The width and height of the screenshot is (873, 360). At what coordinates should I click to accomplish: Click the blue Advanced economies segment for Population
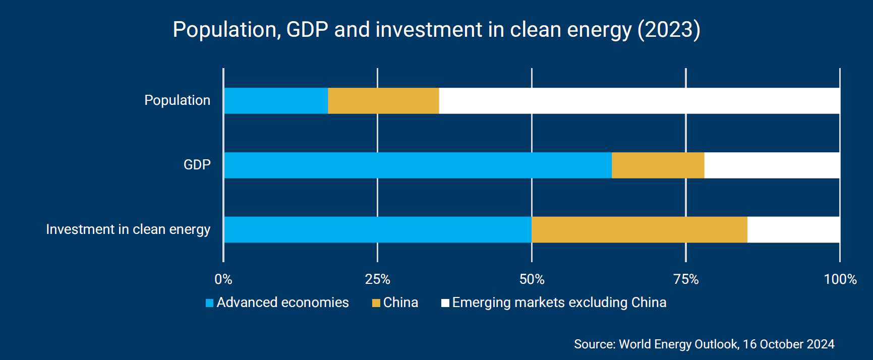click(276, 101)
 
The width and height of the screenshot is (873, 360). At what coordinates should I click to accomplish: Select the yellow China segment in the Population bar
click(383, 101)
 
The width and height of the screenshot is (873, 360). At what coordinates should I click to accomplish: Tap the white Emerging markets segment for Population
click(639, 101)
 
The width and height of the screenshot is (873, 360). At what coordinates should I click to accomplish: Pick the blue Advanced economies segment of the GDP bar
click(418, 165)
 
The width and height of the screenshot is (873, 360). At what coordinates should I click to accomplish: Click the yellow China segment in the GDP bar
click(658, 165)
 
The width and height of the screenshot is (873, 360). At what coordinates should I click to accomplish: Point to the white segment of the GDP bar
click(772, 165)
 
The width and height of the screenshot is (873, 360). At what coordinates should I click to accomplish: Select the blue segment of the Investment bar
click(377, 230)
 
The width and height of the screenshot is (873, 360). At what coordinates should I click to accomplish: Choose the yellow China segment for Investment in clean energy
click(639, 230)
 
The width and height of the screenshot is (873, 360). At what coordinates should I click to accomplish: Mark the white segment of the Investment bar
click(793, 230)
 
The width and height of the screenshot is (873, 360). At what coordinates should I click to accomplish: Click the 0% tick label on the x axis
click(223, 279)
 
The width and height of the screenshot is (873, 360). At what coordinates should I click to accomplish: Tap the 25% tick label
click(378, 279)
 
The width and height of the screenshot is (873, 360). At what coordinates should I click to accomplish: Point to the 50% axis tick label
click(532, 279)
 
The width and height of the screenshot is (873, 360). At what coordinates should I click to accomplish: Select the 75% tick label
click(686, 279)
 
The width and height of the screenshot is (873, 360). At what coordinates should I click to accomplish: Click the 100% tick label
click(840, 279)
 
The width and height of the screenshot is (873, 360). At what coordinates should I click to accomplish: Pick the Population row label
click(177, 100)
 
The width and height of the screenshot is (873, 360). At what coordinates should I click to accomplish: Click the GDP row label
click(197, 165)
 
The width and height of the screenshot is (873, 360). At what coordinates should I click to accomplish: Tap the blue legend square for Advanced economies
click(210, 303)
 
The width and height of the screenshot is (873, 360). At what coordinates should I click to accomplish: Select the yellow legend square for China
click(376, 303)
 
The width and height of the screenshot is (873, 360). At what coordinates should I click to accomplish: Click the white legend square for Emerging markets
click(445, 303)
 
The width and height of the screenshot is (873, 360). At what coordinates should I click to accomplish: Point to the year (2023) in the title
click(669, 30)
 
